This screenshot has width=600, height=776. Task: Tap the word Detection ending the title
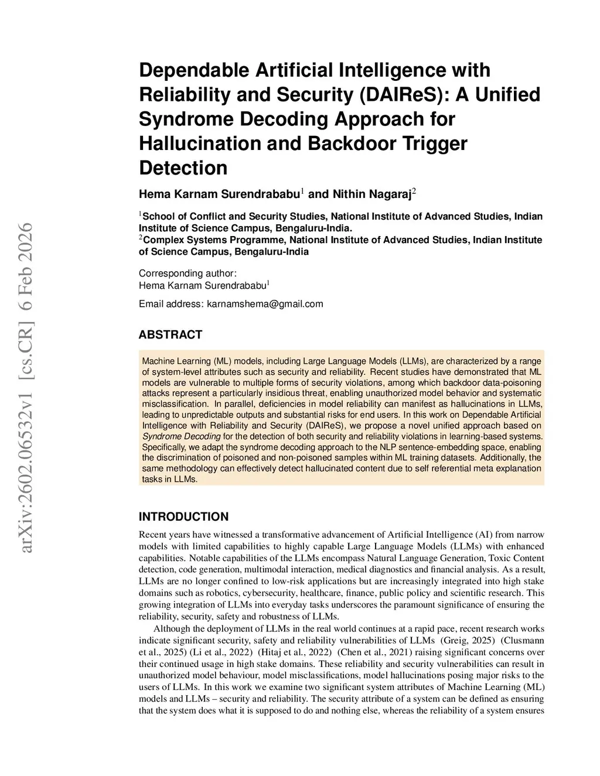[x=183, y=168]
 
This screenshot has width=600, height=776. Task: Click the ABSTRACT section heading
[x=170, y=335]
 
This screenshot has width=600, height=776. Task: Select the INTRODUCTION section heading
[x=183, y=517]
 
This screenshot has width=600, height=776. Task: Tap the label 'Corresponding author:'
[x=187, y=274]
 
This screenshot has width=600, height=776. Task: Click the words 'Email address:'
[x=171, y=304]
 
